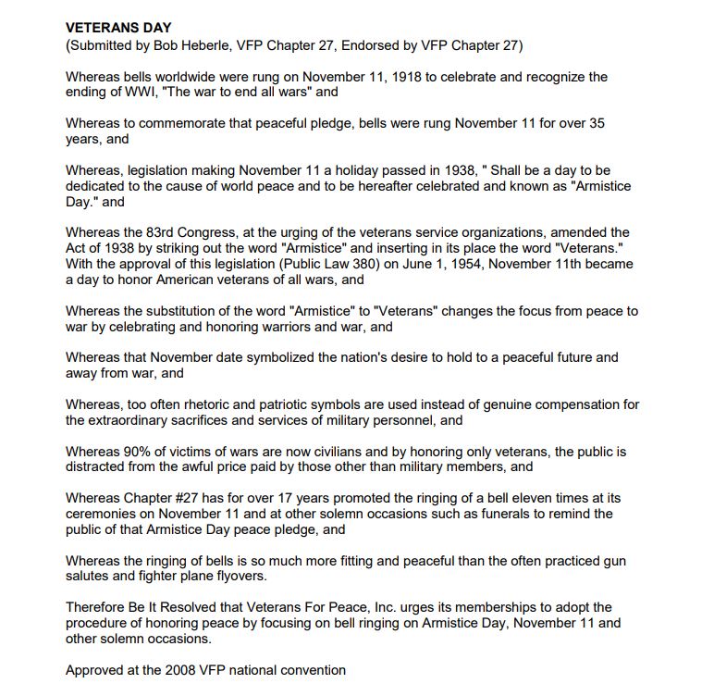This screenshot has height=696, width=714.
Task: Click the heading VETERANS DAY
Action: coord(118,29)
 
